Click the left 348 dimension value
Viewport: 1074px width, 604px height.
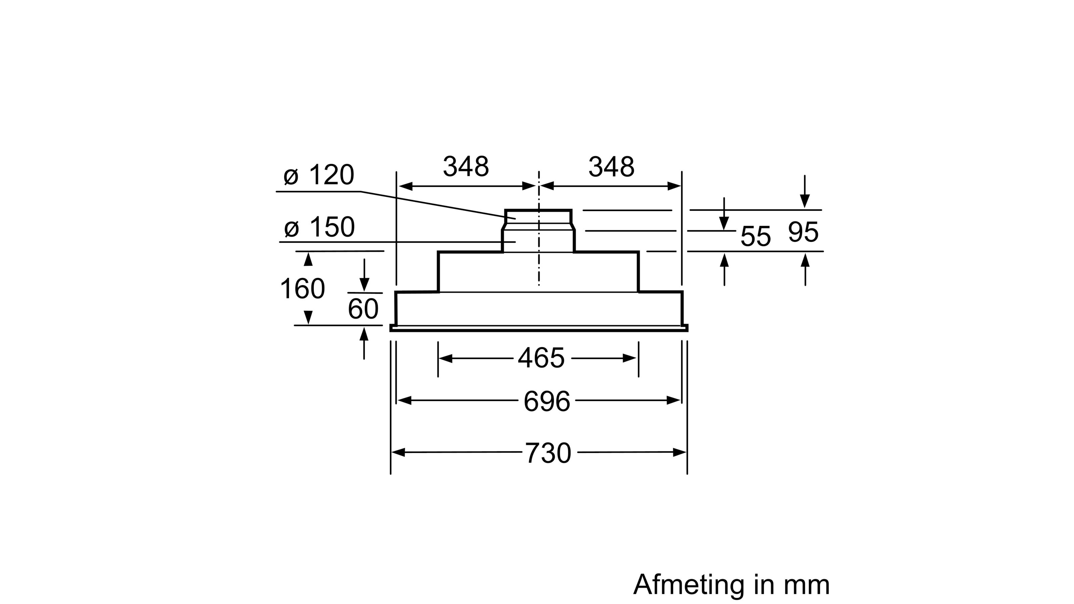[x=466, y=167]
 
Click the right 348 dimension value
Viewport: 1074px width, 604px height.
[x=611, y=167]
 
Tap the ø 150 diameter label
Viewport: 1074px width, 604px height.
[x=320, y=227]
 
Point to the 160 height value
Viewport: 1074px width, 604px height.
[x=302, y=289]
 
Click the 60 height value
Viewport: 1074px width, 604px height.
[x=363, y=309]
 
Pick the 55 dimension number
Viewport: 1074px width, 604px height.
[x=755, y=236]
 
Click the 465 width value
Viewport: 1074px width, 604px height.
[x=541, y=358]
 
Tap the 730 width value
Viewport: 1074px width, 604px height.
[x=547, y=453]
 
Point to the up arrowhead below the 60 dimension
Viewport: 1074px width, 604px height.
[x=364, y=334]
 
